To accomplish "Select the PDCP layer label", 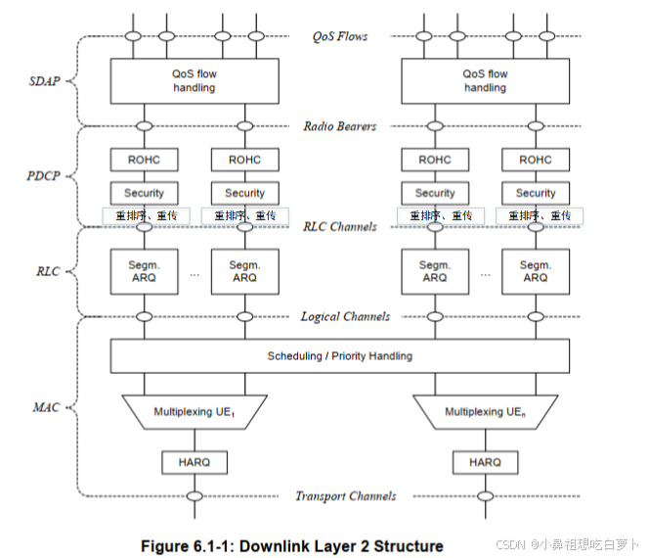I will point(42,176).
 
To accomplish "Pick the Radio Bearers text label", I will point(341,126).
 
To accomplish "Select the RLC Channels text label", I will point(341,227).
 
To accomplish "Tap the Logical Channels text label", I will point(345,316).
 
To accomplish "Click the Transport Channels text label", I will point(346,496).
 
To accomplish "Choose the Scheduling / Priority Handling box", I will point(339,355).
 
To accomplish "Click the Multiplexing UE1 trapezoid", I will point(194,412).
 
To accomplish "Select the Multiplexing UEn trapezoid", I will point(486,412).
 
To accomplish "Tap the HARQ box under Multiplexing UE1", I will point(194,462).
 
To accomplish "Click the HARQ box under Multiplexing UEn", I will point(486,462).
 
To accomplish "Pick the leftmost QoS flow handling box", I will point(194,80).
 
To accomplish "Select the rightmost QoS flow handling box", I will point(485,80).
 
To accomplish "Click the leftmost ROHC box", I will point(144,160).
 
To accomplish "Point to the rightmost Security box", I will point(535,193).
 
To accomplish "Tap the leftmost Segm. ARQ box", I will point(144,271).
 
